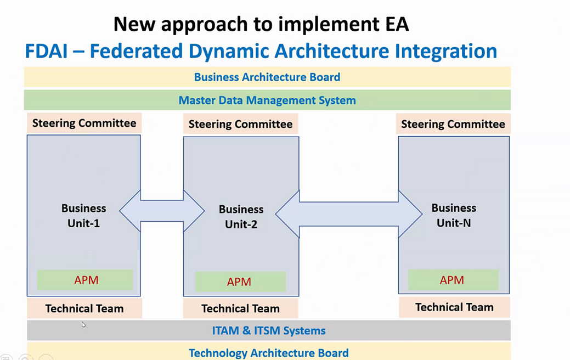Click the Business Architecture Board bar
click(267, 77)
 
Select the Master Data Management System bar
click(267, 100)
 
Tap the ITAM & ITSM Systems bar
click(269, 330)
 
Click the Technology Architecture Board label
click(269, 353)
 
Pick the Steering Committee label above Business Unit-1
click(84, 123)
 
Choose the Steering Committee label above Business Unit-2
click(241, 124)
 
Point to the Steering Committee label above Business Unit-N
click(453, 124)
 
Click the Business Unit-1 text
click(83, 216)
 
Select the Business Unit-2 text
click(241, 217)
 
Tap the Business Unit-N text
click(454, 215)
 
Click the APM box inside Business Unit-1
click(85, 280)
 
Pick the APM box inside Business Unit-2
click(240, 282)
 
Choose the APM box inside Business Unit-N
click(453, 280)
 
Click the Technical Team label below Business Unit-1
click(84, 308)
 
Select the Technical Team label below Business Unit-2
click(241, 308)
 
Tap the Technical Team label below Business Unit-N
click(454, 307)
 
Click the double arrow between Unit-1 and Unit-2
click(162, 211)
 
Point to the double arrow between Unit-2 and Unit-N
click(349, 214)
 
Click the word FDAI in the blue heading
click(46, 51)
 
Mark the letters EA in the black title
click(397, 24)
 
